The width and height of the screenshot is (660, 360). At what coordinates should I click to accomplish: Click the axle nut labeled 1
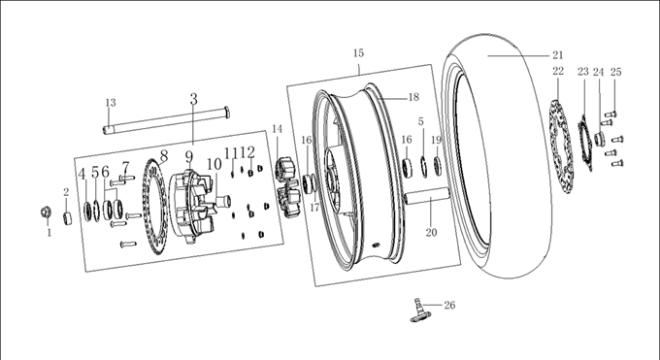pyautogui.click(x=46, y=213)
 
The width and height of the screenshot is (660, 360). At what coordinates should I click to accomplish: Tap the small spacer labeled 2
pyautogui.click(x=67, y=219)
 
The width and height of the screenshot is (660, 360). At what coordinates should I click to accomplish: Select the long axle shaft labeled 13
pyautogui.click(x=167, y=120)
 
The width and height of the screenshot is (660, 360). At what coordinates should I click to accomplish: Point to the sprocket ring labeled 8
pyautogui.click(x=155, y=207)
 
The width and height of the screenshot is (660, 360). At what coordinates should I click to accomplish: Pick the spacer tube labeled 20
pyautogui.click(x=427, y=196)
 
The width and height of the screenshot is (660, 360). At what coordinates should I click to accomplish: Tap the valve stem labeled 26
pyautogui.click(x=419, y=311)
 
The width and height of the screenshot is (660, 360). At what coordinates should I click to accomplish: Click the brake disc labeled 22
pyautogui.click(x=561, y=147)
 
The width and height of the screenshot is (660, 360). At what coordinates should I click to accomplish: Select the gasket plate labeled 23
pyautogui.click(x=585, y=144)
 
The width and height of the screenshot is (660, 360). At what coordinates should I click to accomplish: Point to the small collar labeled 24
pyautogui.click(x=600, y=139)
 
